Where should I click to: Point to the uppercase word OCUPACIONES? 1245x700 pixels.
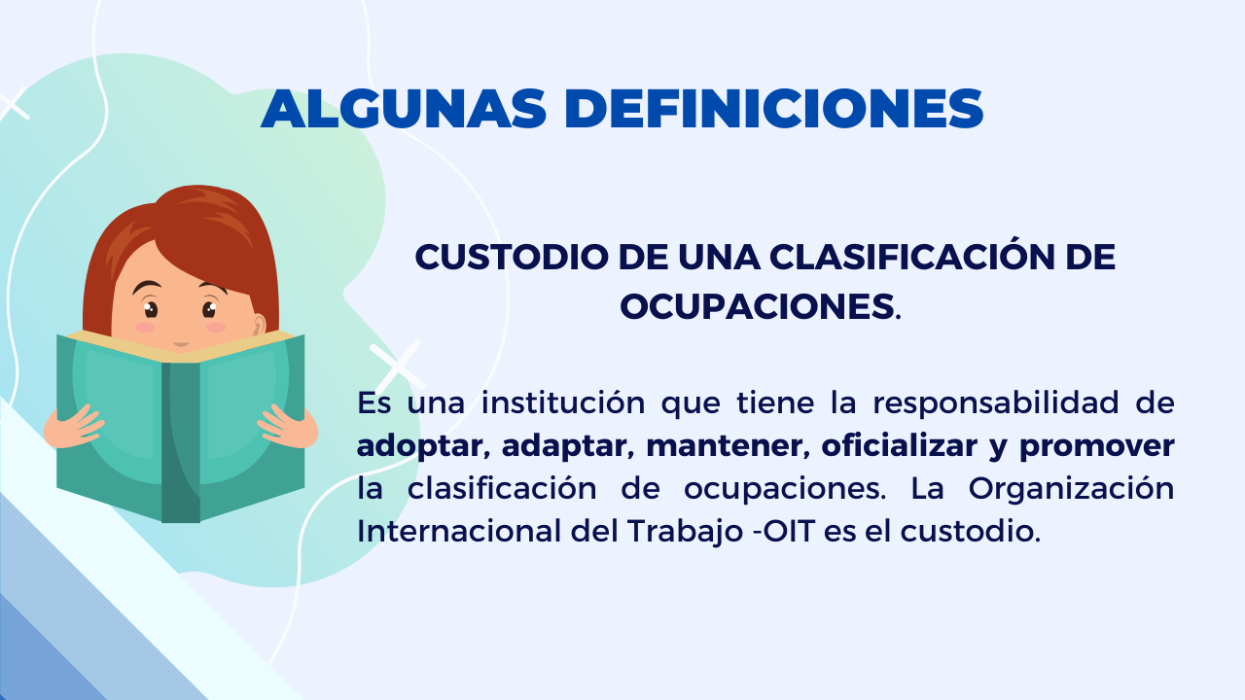pyautogui.click(x=757, y=306)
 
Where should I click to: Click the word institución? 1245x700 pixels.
pyautogui.click(x=563, y=402)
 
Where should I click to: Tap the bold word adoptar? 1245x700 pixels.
pyautogui.click(x=419, y=447)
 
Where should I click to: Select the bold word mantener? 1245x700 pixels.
pyautogui.click(x=725, y=445)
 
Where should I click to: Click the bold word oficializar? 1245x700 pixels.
pyautogui.click(x=900, y=445)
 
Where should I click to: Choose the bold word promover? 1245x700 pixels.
pyautogui.click(x=1096, y=447)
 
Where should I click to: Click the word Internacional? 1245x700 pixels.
pyautogui.click(x=459, y=531)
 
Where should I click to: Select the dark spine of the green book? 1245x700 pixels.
pyautogui.click(x=181, y=441)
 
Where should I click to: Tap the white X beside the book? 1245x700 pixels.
pyautogui.click(x=397, y=365)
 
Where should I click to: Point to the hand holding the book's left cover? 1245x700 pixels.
pyautogui.click(x=72, y=427)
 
